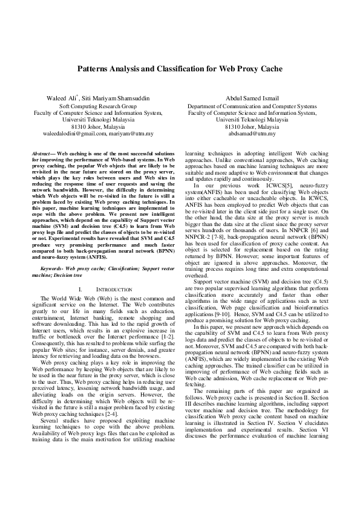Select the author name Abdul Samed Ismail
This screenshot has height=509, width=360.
252,98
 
